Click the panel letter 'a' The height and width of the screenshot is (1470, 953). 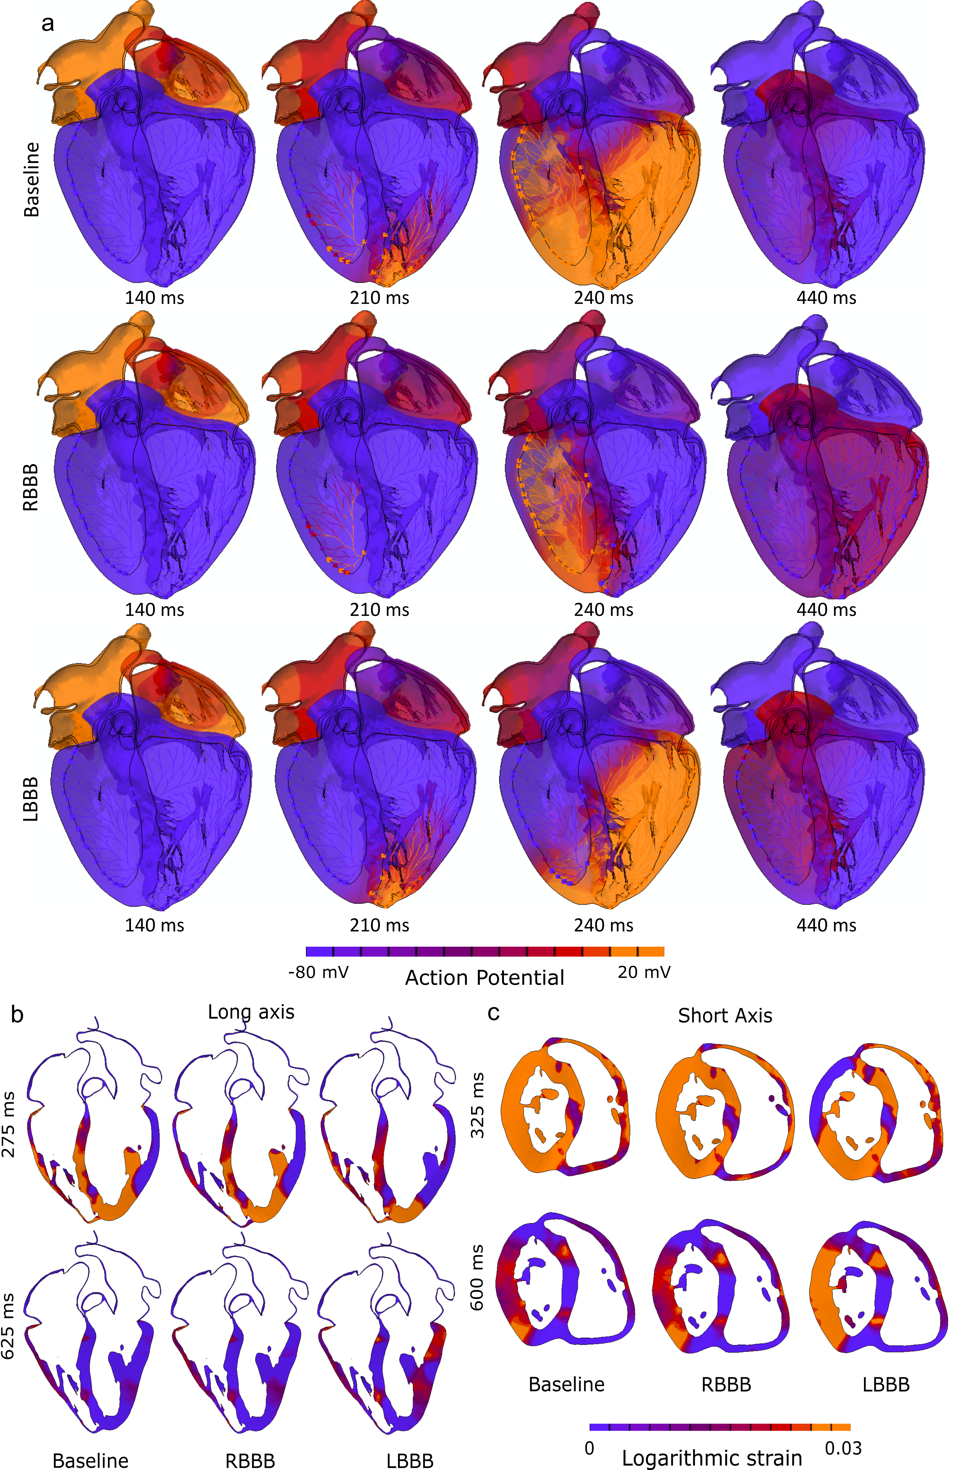click(47, 24)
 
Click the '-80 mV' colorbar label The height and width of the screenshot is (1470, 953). click(318, 972)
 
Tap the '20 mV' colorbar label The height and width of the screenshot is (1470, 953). click(644, 972)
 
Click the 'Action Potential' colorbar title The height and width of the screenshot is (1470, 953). click(485, 978)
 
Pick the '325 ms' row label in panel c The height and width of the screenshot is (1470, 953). click(477, 1106)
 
